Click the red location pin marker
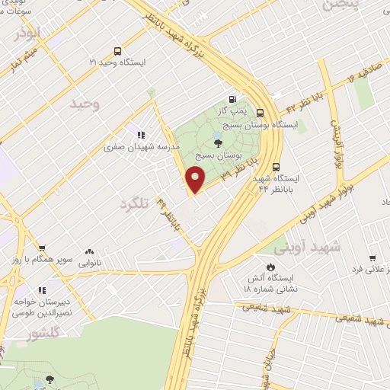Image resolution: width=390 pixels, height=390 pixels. pos(196,179)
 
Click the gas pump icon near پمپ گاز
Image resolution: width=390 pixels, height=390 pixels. pos(232,98)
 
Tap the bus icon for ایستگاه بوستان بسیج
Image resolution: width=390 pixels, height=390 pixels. pos(261,111)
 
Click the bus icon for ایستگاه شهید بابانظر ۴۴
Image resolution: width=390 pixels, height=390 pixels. pos(275,167)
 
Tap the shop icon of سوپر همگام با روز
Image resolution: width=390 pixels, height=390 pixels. pos(42,248)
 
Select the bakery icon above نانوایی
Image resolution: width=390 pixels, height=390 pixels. pos(89,251)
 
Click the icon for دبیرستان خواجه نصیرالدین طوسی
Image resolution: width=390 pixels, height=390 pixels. pos(42,290)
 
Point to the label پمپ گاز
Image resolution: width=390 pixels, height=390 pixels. pos(243,112)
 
